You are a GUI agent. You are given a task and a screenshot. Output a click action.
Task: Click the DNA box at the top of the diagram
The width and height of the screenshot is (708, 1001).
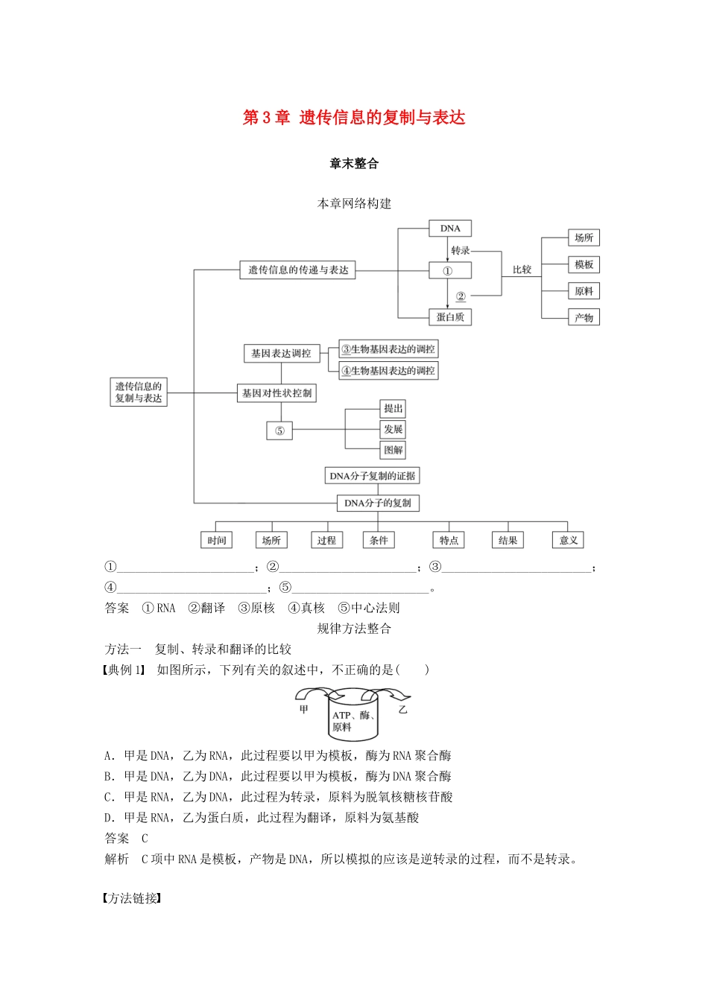(450, 229)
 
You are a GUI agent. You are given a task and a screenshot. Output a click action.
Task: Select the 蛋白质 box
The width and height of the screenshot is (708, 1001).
(450, 317)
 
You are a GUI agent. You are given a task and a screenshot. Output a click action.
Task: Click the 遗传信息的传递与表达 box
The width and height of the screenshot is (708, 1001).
(298, 270)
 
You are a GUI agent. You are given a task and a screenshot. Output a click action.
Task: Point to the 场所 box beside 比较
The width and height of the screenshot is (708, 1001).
(584, 238)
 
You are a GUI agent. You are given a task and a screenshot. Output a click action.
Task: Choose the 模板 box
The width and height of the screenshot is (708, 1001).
(584, 265)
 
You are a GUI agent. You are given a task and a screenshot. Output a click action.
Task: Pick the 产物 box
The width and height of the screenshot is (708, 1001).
(584, 318)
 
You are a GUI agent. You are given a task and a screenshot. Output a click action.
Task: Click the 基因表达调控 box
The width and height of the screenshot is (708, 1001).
(281, 354)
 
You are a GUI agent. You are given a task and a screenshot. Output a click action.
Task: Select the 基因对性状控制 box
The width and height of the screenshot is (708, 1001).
(276, 393)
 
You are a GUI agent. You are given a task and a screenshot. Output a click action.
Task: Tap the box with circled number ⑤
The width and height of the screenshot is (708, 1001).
(279, 431)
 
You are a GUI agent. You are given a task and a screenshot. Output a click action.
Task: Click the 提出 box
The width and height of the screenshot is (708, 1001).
(393, 409)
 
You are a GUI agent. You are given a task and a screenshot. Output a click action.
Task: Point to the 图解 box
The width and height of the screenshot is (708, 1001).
(393, 450)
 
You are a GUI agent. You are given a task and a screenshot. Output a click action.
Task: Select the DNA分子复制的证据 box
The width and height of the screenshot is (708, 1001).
(373, 476)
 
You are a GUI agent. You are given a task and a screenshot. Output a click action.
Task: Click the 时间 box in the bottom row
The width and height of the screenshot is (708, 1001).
(217, 541)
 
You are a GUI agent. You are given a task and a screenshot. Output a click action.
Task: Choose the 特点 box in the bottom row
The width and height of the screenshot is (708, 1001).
(449, 541)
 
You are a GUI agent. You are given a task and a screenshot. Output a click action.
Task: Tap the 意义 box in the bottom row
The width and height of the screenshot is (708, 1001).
(569, 541)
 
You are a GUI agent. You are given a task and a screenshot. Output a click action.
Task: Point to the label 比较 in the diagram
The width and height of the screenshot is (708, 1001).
(522, 270)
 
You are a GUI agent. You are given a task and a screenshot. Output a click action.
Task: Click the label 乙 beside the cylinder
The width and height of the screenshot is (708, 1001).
(403, 710)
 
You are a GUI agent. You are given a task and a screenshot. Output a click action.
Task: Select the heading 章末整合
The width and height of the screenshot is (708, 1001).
(354, 164)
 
